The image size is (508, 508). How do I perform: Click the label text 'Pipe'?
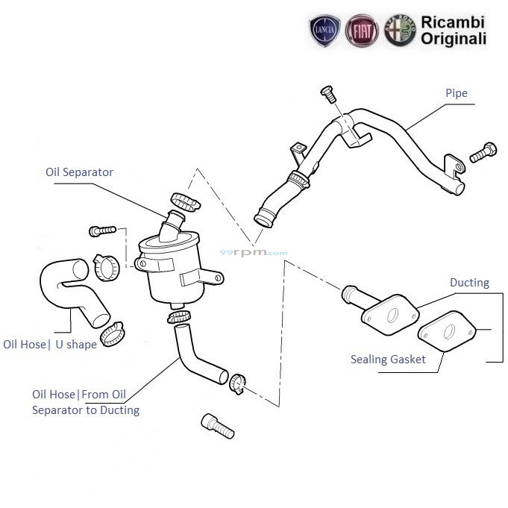click(456, 93)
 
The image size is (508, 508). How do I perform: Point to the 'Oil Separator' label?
click(79, 172)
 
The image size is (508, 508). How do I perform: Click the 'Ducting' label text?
click(469, 283)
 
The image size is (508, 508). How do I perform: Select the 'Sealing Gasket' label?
click(388, 360)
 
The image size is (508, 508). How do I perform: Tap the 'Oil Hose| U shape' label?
click(50, 345)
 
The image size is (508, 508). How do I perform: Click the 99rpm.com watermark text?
click(253, 253)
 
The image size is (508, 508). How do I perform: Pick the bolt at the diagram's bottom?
click(218, 426)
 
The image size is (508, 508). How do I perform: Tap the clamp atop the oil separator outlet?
click(183, 201)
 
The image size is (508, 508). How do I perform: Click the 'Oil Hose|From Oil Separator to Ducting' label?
click(85, 402)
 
